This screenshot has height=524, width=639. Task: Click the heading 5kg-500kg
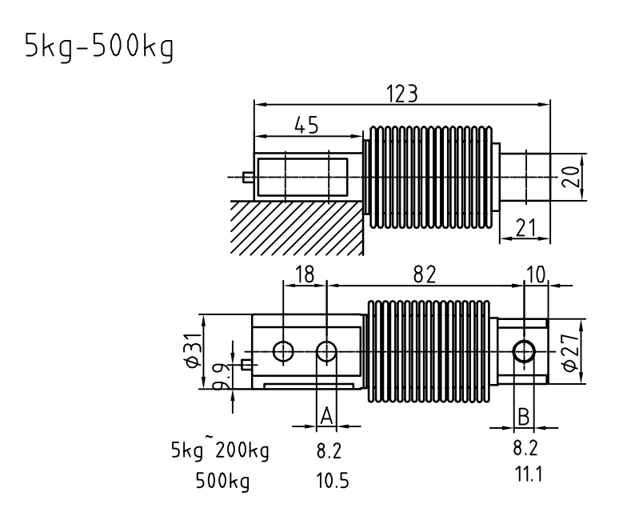click(x=99, y=47)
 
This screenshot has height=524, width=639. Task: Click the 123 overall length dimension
click(x=401, y=94)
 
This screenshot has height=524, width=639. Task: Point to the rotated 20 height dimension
click(x=573, y=177)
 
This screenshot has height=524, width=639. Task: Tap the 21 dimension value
click(x=526, y=228)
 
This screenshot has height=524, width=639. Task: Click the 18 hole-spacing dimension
click(x=305, y=274)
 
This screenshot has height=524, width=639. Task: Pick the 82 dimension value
click(x=425, y=274)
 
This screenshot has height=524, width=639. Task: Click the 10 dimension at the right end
click(x=536, y=274)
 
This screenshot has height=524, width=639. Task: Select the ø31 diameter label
click(x=194, y=350)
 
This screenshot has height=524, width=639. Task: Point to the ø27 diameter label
click(x=570, y=352)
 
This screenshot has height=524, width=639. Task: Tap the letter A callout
click(x=326, y=417)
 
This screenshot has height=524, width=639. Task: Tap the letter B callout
click(x=523, y=417)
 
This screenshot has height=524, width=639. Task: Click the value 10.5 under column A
click(x=333, y=481)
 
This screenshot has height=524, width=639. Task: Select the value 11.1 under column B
click(x=528, y=474)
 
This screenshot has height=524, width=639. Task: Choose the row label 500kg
click(x=222, y=481)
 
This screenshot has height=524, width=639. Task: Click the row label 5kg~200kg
click(x=220, y=449)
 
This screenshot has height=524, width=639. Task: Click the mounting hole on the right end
click(x=524, y=351)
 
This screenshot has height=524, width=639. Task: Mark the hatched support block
click(x=297, y=228)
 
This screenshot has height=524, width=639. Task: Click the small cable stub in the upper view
click(x=248, y=178)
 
